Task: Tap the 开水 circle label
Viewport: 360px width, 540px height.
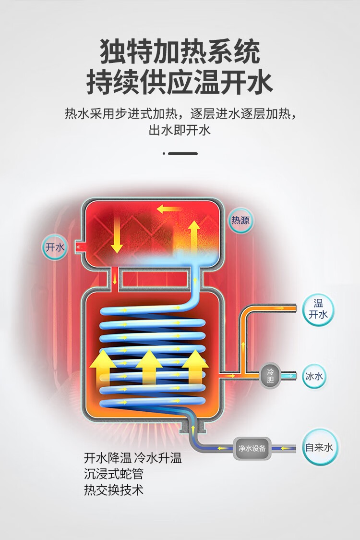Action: tap(55, 247)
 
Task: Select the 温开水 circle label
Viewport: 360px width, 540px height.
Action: tap(318, 309)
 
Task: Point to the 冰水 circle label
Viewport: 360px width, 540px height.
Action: tap(314, 376)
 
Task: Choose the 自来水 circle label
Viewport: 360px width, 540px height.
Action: tap(319, 447)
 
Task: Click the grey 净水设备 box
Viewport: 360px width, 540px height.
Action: tap(252, 448)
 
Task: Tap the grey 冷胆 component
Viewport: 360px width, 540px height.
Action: tap(271, 376)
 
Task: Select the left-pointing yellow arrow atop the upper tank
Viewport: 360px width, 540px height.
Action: tap(168, 209)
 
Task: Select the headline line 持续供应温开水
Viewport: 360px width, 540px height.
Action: tap(180, 82)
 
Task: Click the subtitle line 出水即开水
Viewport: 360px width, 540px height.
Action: tap(180, 130)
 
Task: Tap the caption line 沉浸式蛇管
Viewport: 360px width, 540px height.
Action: tap(114, 474)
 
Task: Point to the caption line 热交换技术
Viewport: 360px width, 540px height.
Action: tap(114, 490)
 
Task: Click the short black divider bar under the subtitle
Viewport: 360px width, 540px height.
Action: tap(183, 154)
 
